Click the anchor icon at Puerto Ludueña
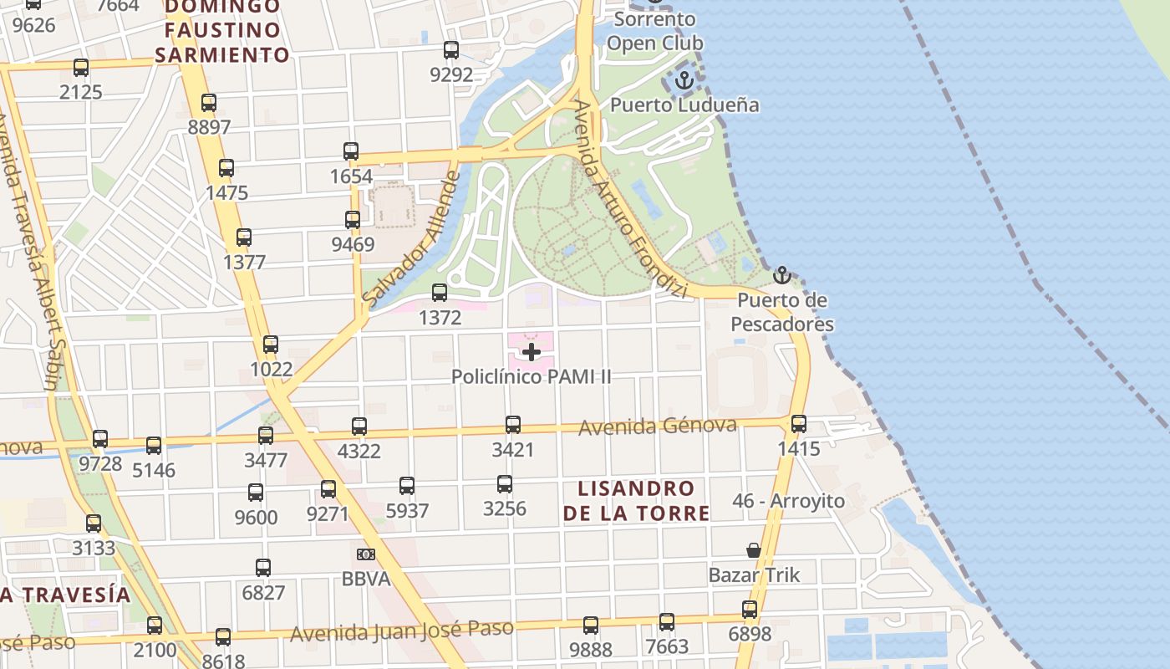(x=684, y=81)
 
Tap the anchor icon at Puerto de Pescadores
(x=781, y=275)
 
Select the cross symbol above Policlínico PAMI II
(x=531, y=352)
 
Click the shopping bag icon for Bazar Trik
(x=754, y=550)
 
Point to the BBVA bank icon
(x=365, y=554)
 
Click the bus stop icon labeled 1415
(x=799, y=424)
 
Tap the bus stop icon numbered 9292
(x=451, y=50)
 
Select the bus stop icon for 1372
(x=440, y=293)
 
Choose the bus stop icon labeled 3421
(x=513, y=425)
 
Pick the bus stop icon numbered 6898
(x=750, y=610)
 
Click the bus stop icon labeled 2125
(x=81, y=68)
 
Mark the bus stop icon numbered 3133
(x=94, y=523)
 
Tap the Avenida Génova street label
(x=658, y=426)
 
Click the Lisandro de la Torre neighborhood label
(x=636, y=501)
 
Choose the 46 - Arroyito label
(x=788, y=501)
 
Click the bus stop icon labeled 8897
(x=209, y=103)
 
